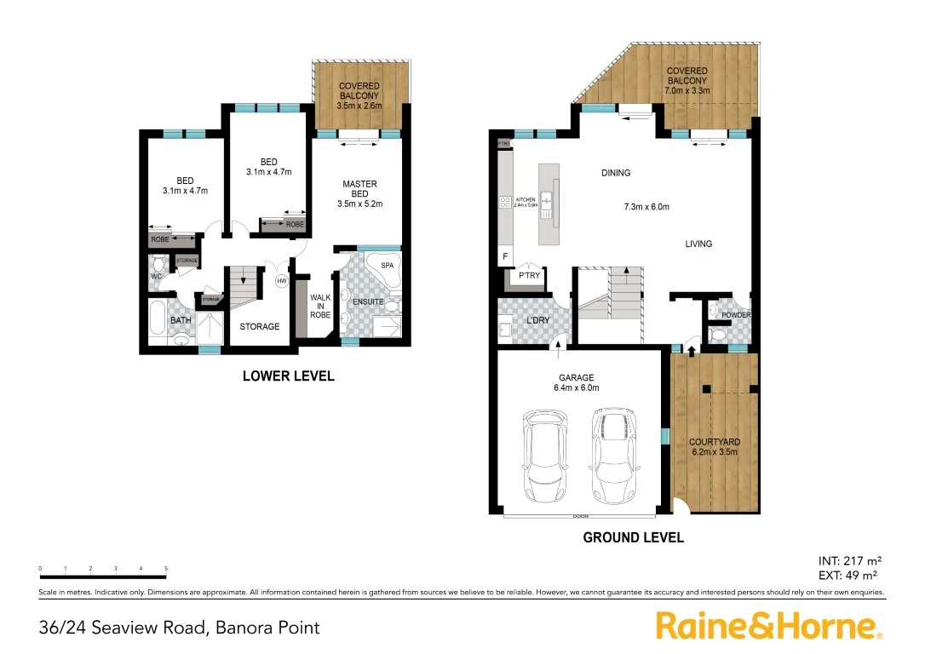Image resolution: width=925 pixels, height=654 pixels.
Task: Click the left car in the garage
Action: tap(545, 456)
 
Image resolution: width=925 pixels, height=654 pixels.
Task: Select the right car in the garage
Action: tap(614, 456)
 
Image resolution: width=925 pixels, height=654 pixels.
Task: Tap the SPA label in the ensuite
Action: tap(387, 266)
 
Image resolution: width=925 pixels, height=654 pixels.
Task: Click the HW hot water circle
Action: tap(282, 280)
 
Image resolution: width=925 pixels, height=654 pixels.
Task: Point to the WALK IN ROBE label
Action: tap(320, 307)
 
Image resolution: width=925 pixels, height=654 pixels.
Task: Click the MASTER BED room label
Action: tap(359, 193)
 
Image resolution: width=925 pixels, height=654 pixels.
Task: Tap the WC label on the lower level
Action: tap(156, 277)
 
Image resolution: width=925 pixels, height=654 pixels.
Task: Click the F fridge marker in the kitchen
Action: tap(505, 256)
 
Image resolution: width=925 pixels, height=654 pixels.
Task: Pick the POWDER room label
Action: tap(736, 315)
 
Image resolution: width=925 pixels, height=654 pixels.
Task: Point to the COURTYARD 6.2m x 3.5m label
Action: tap(714, 447)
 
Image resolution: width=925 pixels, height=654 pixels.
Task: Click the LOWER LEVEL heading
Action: tap(288, 376)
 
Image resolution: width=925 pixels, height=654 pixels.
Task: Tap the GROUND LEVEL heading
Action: tap(633, 537)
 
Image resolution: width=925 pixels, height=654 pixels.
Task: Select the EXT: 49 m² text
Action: tap(848, 576)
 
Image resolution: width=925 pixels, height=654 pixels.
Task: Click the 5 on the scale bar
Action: tap(166, 568)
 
